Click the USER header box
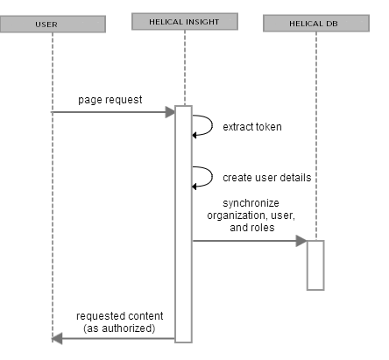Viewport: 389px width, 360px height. tap(53, 24)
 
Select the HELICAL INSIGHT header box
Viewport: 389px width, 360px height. tap(185, 21)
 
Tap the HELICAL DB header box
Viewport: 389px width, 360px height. tap(316, 23)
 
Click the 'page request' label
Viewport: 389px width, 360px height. tap(110, 100)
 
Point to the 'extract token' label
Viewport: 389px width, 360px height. tap(252, 127)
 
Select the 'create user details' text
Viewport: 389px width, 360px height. tap(267, 178)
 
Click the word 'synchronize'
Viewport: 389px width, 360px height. tap(251, 203)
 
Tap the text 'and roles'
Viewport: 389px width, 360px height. tap(252, 228)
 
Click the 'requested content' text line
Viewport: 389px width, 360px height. tap(120, 316)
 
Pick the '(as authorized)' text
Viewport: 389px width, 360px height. tap(119, 328)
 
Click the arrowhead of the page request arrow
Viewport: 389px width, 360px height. tap(170, 112)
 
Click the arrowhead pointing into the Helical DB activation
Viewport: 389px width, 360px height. tap(301, 241)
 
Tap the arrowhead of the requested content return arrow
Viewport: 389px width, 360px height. tap(57, 339)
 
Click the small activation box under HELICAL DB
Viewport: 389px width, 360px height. tap(315, 265)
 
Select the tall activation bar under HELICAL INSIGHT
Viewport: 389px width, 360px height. tap(183, 224)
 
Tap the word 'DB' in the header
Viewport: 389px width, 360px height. tap(332, 24)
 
